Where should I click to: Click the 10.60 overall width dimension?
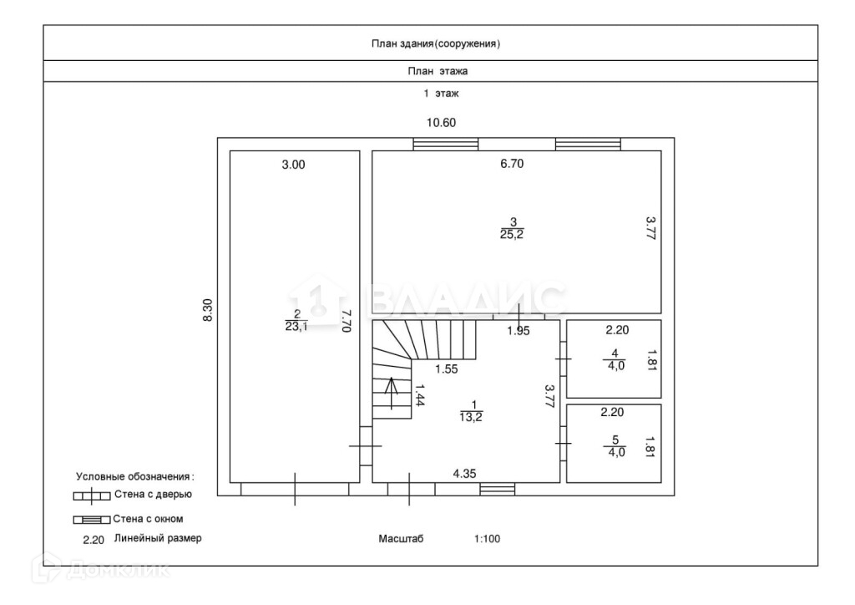tap(441, 123)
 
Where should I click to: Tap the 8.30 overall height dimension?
tap(208, 310)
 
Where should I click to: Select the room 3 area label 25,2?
tap(512, 229)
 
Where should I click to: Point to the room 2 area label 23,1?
tap(296, 321)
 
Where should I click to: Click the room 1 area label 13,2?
tap(471, 411)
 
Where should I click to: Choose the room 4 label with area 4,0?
tap(615, 360)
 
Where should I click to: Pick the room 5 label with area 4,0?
tap(615, 446)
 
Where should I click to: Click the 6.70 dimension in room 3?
tap(512, 164)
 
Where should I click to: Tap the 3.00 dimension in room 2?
tap(293, 165)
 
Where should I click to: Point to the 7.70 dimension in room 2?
tap(345, 321)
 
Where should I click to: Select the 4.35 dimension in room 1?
tap(464, 474)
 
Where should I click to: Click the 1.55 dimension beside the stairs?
tap(447, 369)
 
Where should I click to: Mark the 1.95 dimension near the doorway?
tap(518, 331)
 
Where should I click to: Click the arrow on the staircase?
tap(392, 393)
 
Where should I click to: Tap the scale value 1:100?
tap(487, 539)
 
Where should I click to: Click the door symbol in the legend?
tap(92, 496)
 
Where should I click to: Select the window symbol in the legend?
tap(92, 520)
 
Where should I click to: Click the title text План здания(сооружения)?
tap(436, 43)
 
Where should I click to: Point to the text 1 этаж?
tap(441, 94)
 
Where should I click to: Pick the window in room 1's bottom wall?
tap(498, 490)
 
